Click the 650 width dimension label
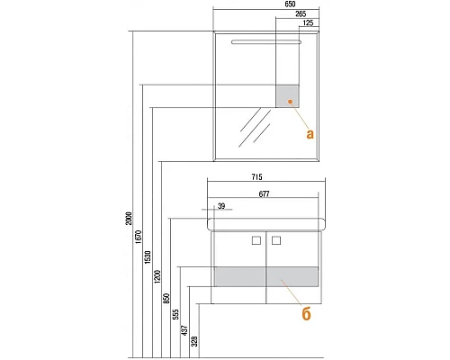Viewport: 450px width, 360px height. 290,4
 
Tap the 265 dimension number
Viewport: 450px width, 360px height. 301,13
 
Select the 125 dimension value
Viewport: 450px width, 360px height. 308,22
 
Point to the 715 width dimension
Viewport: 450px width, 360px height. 256,177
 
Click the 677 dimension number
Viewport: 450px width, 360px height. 264,194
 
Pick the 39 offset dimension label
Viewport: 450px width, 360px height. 221,206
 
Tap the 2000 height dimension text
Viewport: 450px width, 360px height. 129,219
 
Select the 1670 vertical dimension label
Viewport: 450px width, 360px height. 139,237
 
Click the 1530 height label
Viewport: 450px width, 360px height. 148,257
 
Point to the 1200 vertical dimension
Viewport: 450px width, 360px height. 157,276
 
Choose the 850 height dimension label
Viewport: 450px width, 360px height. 166,299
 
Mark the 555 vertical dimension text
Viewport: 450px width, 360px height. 175,314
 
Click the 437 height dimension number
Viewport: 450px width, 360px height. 185,330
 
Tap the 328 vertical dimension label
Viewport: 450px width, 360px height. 194,341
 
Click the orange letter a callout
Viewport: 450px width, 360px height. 310,134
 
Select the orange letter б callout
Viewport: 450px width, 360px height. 306,313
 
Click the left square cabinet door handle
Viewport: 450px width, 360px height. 256,240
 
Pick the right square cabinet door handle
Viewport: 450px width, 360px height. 276,240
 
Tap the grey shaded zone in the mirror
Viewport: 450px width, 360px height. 287,96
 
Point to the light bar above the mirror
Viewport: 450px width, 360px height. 266,42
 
